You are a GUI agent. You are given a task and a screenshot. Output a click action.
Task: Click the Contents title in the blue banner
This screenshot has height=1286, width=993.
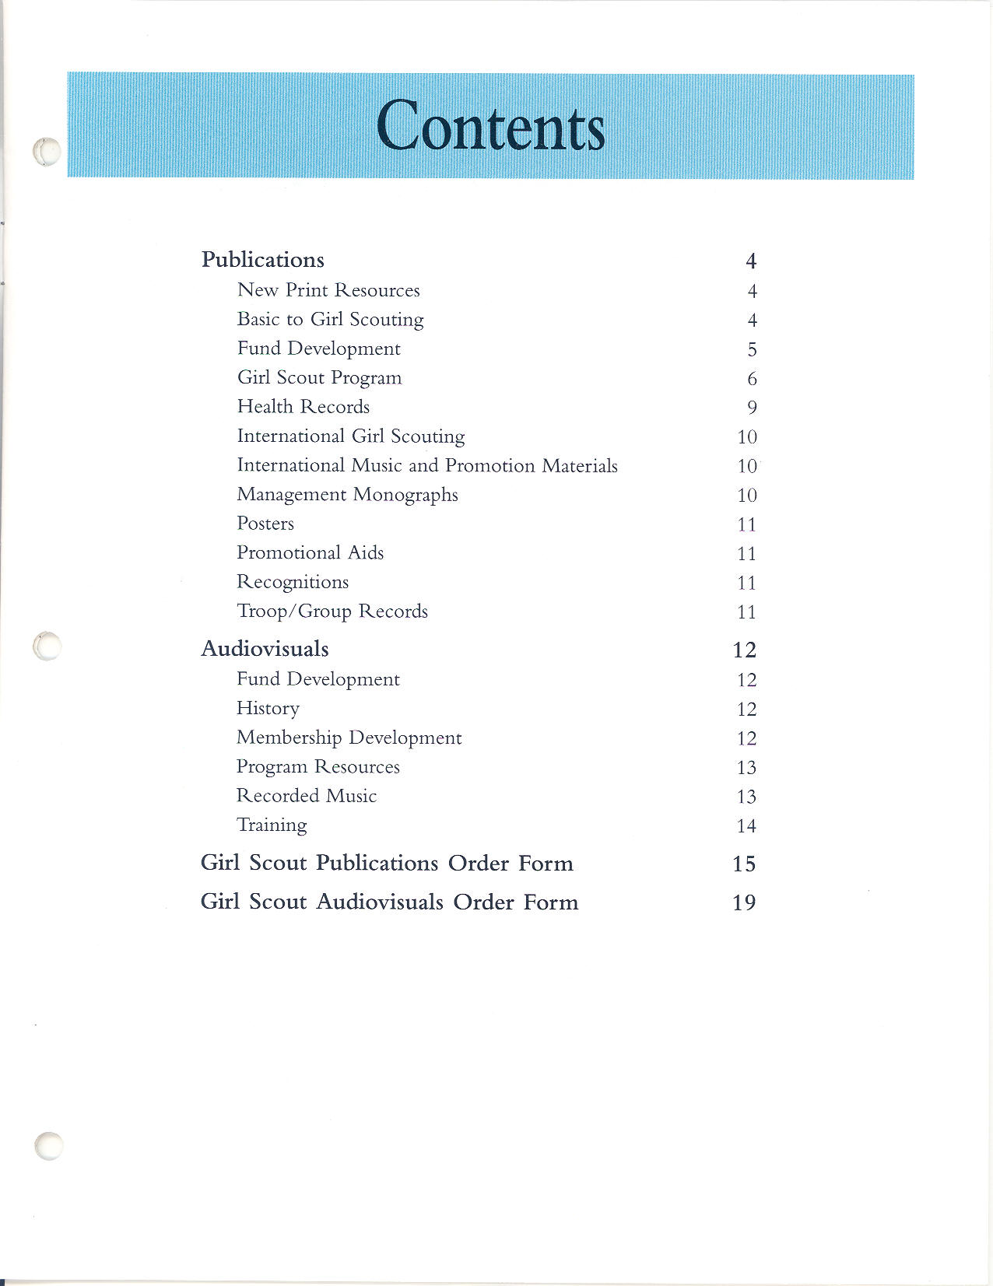pos(490,126)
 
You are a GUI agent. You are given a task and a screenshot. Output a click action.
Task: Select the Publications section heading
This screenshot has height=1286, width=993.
pos(262,259)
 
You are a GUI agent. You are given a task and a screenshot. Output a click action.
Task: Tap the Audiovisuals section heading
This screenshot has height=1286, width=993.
pos(265,648)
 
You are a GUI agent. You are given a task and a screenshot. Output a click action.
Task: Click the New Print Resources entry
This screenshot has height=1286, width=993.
pos(328,290)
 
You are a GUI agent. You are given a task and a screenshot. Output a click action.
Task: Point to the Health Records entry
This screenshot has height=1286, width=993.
pos(303,406)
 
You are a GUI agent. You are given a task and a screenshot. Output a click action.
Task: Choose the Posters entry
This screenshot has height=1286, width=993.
pos(265,524)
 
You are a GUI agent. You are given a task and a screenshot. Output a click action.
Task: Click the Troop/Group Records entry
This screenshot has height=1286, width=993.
pos(332,611)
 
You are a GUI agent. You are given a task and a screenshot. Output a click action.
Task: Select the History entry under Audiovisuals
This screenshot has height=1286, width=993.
pos(268,709)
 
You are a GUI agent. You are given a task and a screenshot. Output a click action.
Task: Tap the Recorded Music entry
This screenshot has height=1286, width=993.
pos(307,796)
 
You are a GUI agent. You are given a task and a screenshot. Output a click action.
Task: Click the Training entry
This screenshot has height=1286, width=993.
pos(272,825)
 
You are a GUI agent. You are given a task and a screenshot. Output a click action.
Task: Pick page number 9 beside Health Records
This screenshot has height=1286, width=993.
pos(752,408)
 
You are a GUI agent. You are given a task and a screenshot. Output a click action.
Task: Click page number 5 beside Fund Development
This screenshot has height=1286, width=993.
pos(752,350)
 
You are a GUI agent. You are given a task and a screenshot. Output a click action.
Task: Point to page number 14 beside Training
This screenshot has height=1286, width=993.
pos(746,826)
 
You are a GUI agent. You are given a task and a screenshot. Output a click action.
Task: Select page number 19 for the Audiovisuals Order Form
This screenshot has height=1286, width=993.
pos(744,902)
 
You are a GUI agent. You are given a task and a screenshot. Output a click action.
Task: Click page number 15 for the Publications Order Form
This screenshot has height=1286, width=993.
pos(744,864)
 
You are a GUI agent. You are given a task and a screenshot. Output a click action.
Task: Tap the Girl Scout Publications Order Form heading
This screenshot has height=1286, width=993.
pos(387,863)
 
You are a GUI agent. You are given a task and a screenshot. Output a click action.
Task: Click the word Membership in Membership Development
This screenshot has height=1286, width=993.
pos(289,738)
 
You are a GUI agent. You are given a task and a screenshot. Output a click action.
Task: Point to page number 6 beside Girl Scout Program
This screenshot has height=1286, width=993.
pos(752,379)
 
